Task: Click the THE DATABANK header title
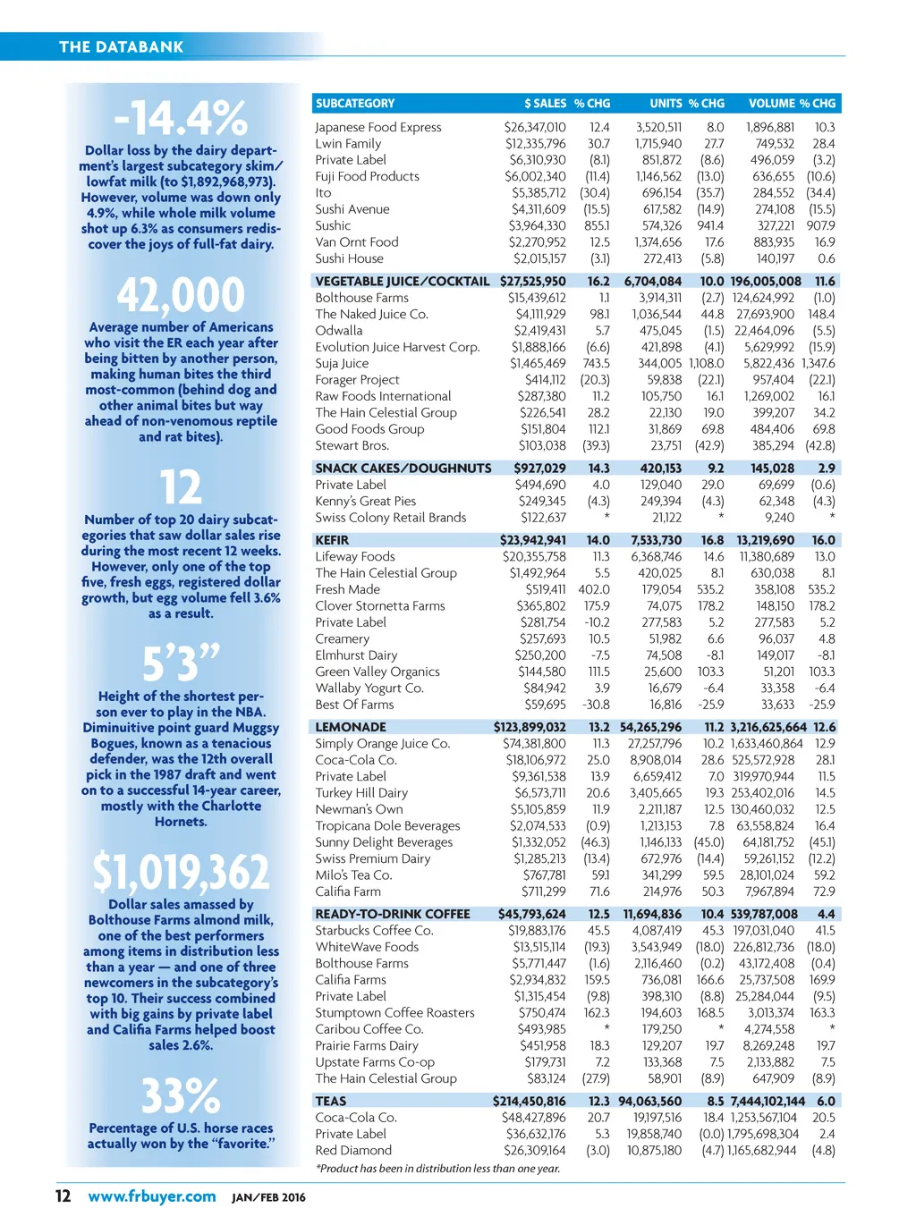121,46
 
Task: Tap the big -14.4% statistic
181,118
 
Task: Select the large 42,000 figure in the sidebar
181,295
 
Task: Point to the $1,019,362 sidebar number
181,872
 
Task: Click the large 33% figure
181,1095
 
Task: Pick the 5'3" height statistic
181,663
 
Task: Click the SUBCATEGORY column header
355,104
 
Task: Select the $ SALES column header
545,104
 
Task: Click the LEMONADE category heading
351,727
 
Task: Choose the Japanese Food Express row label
378,127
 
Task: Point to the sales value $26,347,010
535,127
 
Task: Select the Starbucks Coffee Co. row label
374,930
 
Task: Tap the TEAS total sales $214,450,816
530,1101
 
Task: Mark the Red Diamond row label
353,1150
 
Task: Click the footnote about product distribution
437,1169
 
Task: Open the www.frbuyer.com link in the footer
152,1196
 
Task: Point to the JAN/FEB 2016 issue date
268,1197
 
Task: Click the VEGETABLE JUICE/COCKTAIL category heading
403,281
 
